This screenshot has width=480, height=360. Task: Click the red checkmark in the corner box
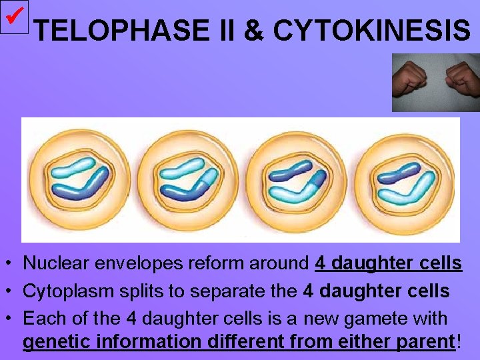(14, 15)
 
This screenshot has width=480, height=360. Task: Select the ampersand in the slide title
(253, 30)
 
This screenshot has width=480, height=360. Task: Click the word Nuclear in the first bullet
(50, 264)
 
